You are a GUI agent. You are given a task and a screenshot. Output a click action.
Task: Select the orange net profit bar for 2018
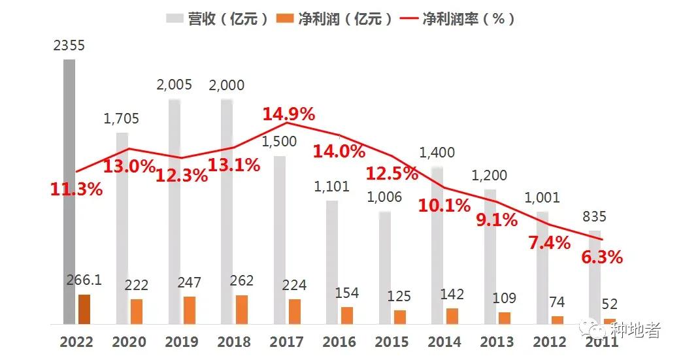tap(242, 310)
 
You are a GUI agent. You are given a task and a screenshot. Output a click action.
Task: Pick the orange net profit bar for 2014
tap(452, 316)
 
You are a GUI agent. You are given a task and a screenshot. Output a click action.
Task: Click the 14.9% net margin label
tap(289, 114)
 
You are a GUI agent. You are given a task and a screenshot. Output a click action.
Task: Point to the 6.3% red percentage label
tap(602, 257)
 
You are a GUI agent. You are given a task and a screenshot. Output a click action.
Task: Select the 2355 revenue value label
tap(69, 46)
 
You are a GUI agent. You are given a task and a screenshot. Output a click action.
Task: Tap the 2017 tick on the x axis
tap(286, 342)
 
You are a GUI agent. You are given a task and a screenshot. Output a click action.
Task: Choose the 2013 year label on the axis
tap(497, 342)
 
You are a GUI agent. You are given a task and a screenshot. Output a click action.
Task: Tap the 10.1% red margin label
tap(444, 206)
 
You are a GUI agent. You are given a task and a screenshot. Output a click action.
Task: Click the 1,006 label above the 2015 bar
tap(385, 197)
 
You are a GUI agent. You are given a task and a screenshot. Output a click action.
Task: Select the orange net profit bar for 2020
tap(136, 312)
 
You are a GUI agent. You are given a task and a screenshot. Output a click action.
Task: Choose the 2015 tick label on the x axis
tap(392, 342)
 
